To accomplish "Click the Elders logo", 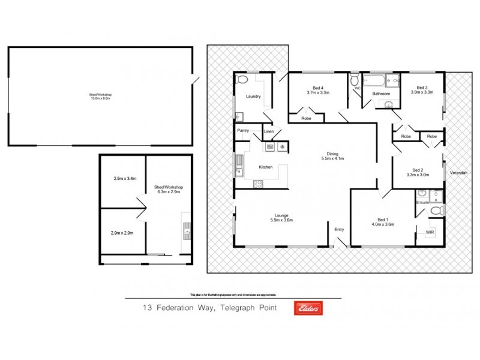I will coord(308,308).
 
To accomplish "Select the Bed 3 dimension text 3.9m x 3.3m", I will coord(422,92).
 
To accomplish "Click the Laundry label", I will coord(253,97).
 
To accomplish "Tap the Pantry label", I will coord(243,130).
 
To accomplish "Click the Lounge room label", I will coord(282,215).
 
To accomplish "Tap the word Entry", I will coord(340,229).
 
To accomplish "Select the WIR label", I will coord(430,232).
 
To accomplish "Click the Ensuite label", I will coord(422,202).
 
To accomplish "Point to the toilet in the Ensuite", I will coord(436,211).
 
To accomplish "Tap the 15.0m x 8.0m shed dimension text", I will coord(101,98).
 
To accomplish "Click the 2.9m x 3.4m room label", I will coord(125,178).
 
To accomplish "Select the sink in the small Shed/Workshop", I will coord(187,228).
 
